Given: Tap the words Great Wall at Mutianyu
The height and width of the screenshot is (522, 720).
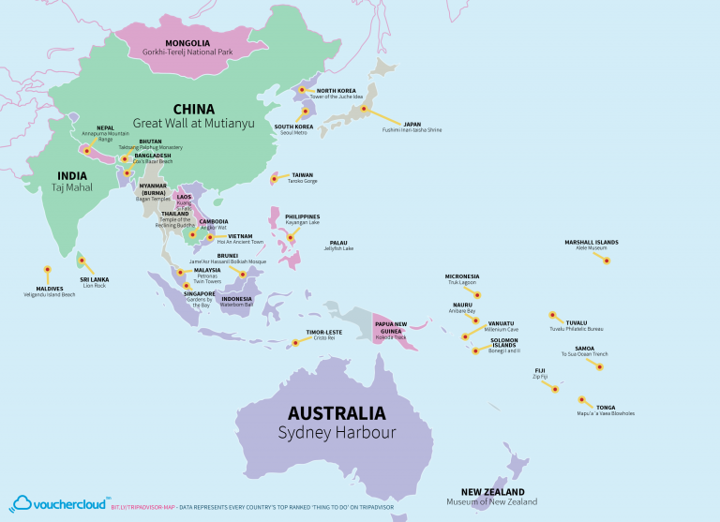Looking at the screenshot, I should point(193,123).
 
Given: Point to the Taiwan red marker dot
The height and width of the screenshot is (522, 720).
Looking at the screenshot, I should point(275,178).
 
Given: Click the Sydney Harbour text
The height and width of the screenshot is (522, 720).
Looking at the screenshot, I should point(336,432).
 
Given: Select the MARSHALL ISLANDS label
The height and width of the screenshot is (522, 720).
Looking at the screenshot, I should point(591,242).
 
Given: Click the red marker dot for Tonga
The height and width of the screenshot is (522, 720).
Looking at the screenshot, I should point(583,398).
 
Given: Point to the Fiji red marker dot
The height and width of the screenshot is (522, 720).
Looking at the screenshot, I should point(555,388).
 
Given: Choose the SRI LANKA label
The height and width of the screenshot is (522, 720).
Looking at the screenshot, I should point(94,279).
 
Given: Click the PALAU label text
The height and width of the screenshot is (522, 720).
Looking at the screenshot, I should point(337,243).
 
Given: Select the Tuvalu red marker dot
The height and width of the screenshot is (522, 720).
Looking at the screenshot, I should point(553,315).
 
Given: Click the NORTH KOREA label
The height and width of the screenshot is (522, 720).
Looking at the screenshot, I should point(336,91).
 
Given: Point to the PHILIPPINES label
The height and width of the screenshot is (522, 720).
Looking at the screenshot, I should point(302,216).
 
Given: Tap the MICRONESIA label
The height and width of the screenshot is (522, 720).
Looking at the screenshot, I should point(461,276).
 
